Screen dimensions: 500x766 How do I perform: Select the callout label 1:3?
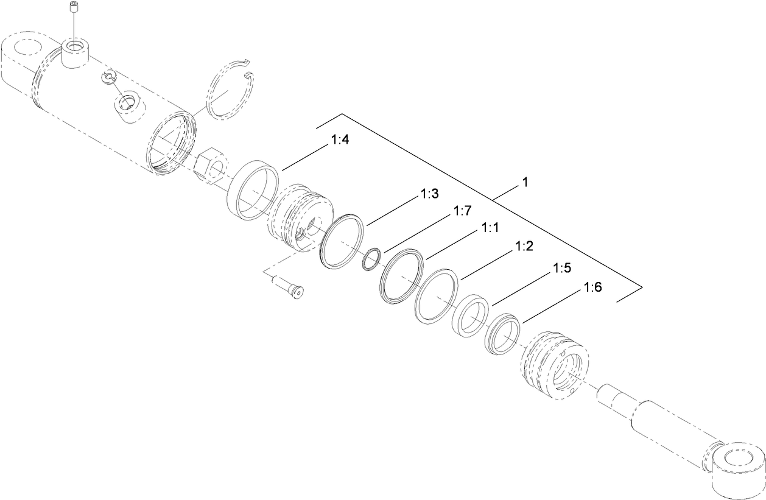[x=429, y=194]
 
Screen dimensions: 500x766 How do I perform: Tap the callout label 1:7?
[x=463, y=211]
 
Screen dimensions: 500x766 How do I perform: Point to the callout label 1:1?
[x=490, y=228]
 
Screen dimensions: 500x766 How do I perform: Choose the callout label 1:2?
[x=524, y=247]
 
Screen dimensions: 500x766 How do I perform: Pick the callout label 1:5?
[x=561, y=268]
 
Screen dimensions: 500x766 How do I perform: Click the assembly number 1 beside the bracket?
[x=524, y=183]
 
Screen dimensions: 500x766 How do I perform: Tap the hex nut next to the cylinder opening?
[x=209, y=165]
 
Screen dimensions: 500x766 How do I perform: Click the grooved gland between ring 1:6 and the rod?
[x=554, y=364]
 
